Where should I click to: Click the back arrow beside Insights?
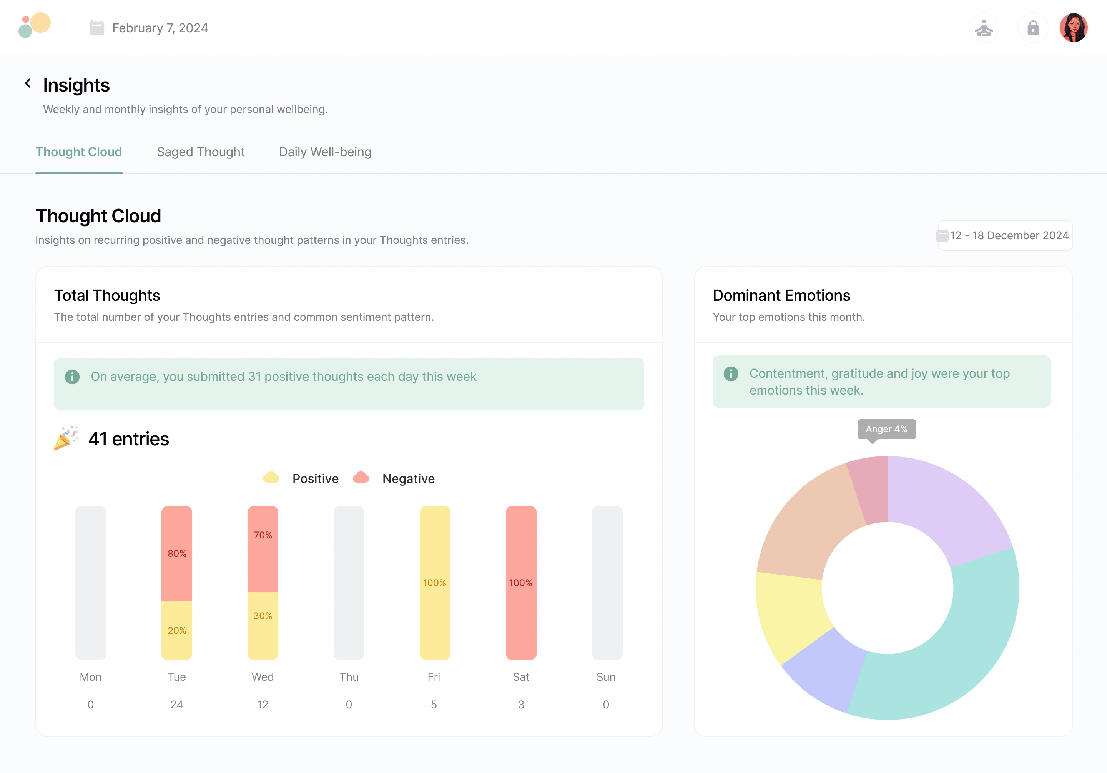(x=28, y=83)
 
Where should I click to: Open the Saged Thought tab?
(x=201, y=152)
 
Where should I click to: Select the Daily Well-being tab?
(x=325, y=152)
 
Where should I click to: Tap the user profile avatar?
(x=1073, y=28)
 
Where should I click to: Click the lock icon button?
(x=1033, y=28)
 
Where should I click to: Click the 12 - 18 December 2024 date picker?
(x=1005, y=235)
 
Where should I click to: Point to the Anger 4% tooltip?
(x=886, y=429)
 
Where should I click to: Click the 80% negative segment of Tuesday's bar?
(x=176, y=553)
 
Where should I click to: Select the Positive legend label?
(x=315, y=479)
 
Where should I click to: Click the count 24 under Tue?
(x=176, y=705)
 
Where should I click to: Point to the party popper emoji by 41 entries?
(x=65, y=438)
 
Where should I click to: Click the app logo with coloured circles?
(x=34, y=25)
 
